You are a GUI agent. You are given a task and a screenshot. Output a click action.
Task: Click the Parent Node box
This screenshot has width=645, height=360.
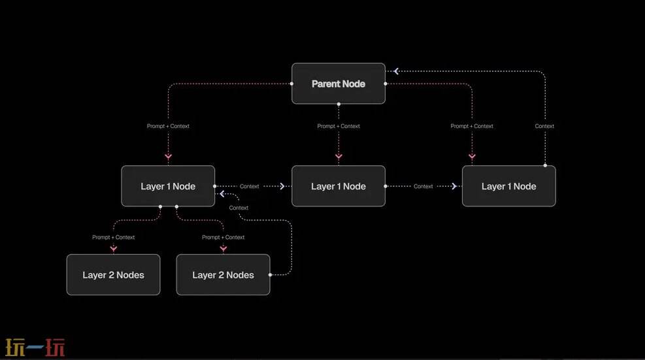[x=338, y=84]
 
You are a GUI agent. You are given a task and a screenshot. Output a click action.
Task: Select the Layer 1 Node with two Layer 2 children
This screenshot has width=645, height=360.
[x=168, y=186]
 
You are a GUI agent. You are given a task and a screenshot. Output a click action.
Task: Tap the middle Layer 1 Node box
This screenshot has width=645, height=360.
[x=338, y=186]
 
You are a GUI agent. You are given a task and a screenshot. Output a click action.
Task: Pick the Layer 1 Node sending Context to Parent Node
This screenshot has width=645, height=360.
[x=508, y=186]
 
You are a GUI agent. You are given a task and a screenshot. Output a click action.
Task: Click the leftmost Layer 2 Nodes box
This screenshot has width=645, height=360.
[x=113, y=274]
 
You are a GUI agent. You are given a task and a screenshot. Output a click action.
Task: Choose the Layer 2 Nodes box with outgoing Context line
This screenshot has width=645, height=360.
[x=223, y=274]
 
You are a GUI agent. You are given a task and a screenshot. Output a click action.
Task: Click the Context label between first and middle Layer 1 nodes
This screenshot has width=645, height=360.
[x=249, y=186]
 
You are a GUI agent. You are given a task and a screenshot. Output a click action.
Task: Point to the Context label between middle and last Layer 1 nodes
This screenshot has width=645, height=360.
[x=423, y=186]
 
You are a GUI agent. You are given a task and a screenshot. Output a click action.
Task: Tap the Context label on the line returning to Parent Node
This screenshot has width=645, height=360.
[x=544, y=126]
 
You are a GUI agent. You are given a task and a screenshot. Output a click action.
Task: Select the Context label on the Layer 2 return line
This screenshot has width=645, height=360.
[x=239, y=208]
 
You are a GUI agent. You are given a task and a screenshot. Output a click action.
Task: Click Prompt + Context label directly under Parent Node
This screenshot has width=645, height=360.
[x=339, y=126]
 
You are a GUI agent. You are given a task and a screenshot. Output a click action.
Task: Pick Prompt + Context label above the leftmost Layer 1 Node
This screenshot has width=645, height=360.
[x=168, y=126]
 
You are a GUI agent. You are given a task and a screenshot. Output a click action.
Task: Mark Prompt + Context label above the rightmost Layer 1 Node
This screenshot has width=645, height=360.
[x=472, y=126]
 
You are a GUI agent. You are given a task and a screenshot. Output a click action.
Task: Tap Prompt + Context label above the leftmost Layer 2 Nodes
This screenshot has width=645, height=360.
[x=113, y=237]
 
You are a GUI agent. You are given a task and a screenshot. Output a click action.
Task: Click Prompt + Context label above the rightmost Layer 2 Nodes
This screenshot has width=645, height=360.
[x=223, y=237]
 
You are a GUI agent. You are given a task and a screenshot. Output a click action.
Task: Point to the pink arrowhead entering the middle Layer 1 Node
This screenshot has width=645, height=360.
[x=339, y=157]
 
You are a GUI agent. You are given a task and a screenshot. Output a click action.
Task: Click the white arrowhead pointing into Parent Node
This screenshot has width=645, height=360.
[x=395, y=71]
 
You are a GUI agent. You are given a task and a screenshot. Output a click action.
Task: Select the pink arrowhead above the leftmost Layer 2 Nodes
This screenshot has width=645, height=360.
[x=113, y=248]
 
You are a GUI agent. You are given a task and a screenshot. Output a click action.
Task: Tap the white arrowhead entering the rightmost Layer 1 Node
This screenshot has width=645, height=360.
[x=454, y=186]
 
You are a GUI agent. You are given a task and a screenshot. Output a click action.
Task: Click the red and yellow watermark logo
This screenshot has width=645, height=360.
[x=35, y=348]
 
